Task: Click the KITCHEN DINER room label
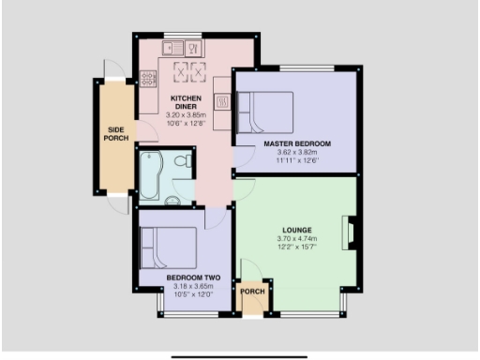click(x=184, y=100)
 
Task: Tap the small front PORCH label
click(x=253, y=291)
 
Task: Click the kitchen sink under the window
click(x=173, y=48)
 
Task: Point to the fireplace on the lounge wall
click(x=351, y=232)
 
